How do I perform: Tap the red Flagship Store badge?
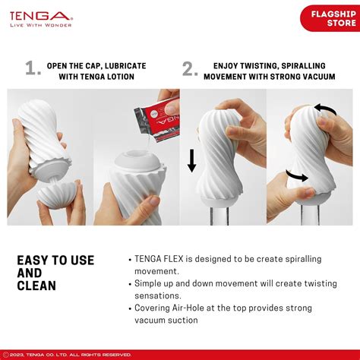point(328,17)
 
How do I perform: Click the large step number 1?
point(32,69)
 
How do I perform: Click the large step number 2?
point(190,69)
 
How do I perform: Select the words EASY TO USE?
point(55,261)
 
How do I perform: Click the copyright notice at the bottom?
point(68,354)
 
